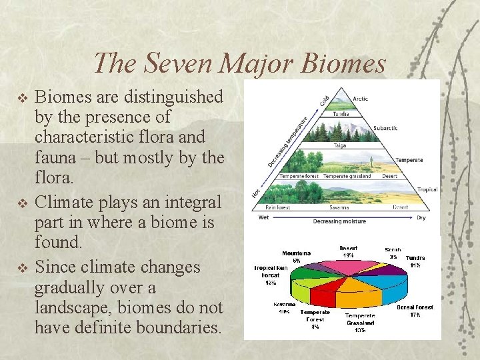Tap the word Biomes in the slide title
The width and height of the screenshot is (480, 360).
(x=345, y=63)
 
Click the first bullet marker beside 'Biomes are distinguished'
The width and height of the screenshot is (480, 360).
(x=22, y=98)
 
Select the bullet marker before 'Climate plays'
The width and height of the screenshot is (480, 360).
(x=22, y=203)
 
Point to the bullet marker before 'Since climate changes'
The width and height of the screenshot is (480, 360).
(x=22, y=268)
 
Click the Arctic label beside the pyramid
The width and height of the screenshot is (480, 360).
(x=361, y=99)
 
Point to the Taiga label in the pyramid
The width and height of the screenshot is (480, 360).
(x=340, y=145)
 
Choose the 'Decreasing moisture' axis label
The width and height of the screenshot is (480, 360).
(x=340, y=221)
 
